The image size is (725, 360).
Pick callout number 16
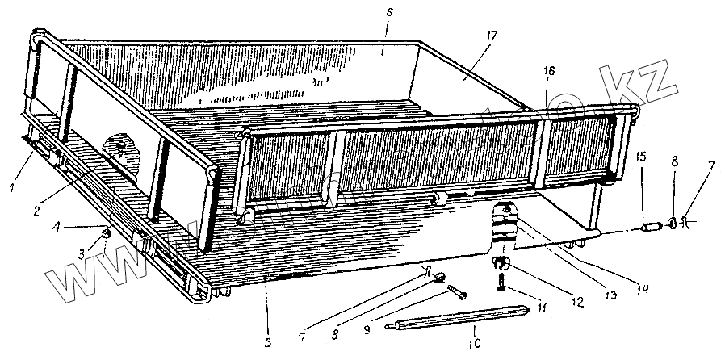[x=549, y=71]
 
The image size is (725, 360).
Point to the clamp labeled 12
[x=501, y=262]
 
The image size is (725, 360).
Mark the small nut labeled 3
[x=106, y=235]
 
